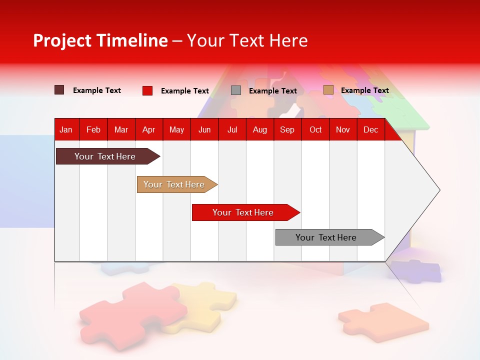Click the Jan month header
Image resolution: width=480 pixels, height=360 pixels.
click(x=66, y=129)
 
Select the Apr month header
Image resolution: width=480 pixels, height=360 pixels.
click(x=148, y=129)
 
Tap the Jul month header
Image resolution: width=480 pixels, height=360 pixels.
click(x=232, y=129)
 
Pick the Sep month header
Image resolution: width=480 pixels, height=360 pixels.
click(x=287, y=129)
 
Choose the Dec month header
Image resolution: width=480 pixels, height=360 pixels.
click(x=370, y=129)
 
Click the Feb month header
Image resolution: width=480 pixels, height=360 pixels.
click(x=93, y=129)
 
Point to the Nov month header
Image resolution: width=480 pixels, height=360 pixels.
click(x=342, y=129)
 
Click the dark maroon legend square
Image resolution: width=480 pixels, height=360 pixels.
click(x=59, y=90)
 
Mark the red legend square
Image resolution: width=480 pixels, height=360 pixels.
click(x=147, y=90)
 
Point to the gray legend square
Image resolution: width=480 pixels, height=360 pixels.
click(x=236, y=90)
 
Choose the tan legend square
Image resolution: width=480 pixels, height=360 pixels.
click(x=328, y=90)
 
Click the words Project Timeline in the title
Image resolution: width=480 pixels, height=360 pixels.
click(x=100, y=40)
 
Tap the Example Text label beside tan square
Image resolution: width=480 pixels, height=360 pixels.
click(x=364, y=90)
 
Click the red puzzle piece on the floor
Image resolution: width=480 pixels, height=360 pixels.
click(x=132, y=310)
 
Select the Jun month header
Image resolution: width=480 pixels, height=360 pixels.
click(x=204, y=129)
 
